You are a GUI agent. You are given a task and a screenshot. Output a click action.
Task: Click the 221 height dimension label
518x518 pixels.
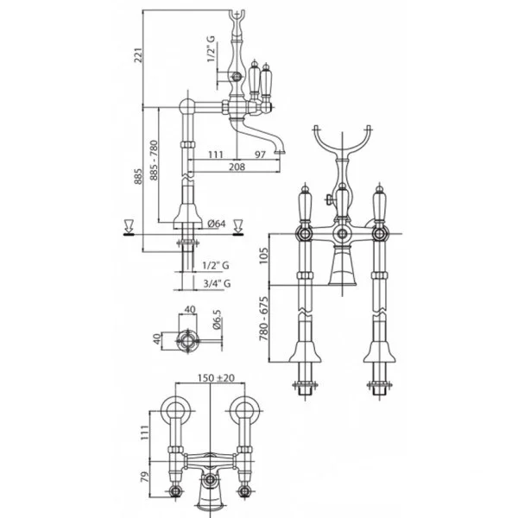(x=138, y=55)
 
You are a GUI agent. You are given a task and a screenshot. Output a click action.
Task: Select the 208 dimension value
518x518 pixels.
(x=237, y=167)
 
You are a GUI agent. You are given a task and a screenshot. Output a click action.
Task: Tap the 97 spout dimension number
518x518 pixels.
(x=261, y=155)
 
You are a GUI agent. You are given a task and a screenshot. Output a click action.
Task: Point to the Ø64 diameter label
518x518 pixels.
(x=217, y=224)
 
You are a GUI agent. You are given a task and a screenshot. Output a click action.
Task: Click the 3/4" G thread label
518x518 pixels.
(x=217, y=283)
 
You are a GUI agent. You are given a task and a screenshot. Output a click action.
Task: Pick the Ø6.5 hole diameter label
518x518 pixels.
(x=217, y=319)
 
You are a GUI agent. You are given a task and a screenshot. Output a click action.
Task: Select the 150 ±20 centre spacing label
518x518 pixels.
(x=216, y=377)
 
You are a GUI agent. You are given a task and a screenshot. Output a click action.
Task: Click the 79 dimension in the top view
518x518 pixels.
(x=145, y=477)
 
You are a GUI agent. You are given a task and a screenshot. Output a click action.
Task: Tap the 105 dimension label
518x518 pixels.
(x=263, y=256)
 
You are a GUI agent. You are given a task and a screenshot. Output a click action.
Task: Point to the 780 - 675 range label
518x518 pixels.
(x=263, y=319)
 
